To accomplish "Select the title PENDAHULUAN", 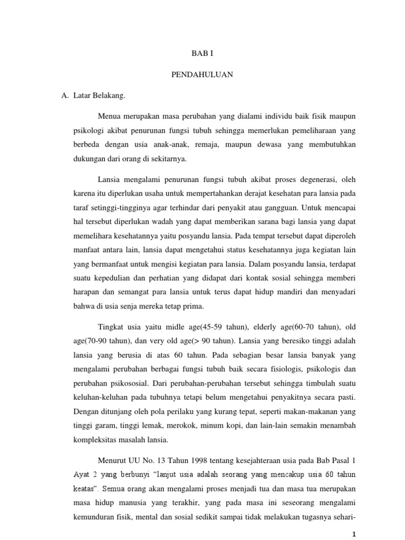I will click(202, 75).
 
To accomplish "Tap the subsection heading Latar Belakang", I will click(100, 95).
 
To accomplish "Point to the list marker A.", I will click(65, 95).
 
